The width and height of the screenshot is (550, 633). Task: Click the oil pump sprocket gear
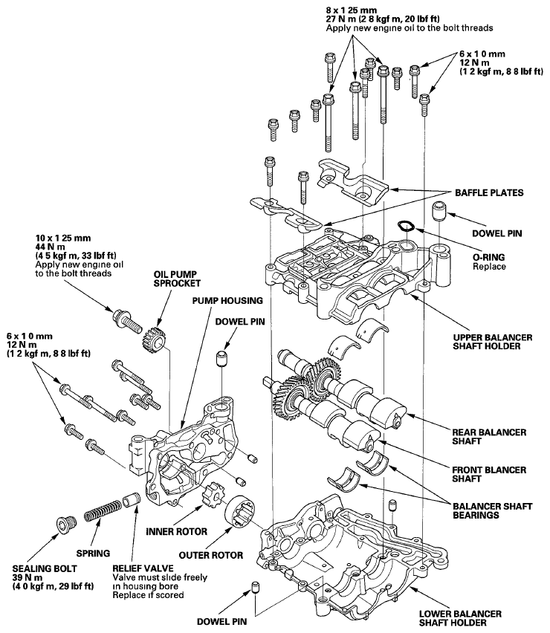pyautogui.click(x=154, y=338)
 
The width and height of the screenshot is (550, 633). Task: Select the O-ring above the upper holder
pyautogui.click(x=405, y=225)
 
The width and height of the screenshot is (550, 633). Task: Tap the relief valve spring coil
pyautogui.click(x=103, y=510)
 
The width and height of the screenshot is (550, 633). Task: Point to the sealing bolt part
pyautogui.click(x=64, y=525)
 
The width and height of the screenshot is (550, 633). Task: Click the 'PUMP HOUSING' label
pyautogui.click(x=227, y=301)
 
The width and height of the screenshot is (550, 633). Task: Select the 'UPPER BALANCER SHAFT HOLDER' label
pyautogui.click(x=492, y=342)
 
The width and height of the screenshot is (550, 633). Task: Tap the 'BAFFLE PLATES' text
pyautogui.click(x=489, y=192)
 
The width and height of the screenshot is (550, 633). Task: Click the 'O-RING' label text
pyautogui.click(x=488, y=257)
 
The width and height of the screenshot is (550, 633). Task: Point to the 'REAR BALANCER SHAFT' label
pyautogui.click(x=489, y=436)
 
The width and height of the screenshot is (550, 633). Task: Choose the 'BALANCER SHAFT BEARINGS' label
pyautogui.click(x=492, y=510)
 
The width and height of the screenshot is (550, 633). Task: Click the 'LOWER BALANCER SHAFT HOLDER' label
pyautogui.click(x=460, y=618)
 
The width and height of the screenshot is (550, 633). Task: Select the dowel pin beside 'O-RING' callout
pyautogui.click(x=439, y=210)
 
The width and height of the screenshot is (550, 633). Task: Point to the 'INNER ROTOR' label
pyautogui.click(x=176, y=531)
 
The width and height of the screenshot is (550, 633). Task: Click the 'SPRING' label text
pyautogui.click(x=93, y=553)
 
